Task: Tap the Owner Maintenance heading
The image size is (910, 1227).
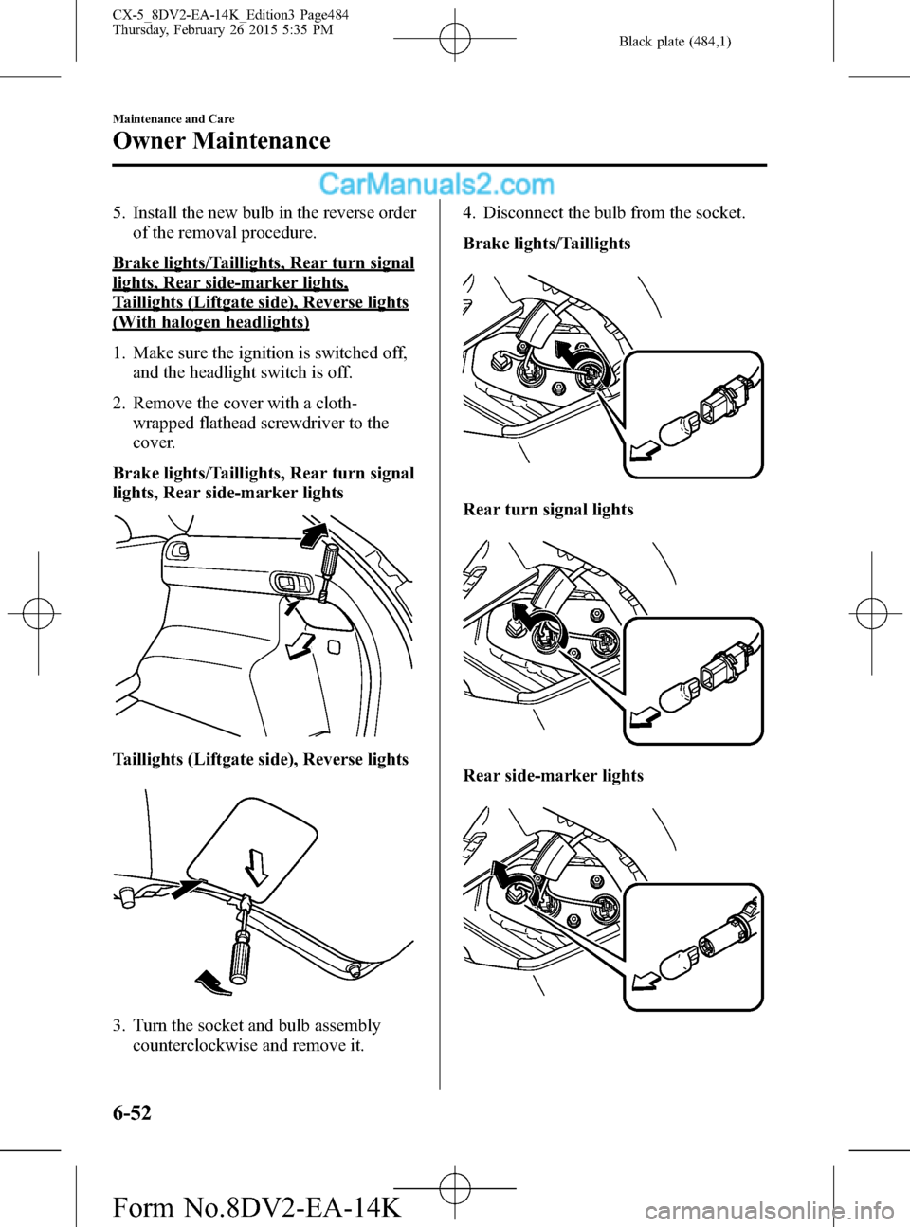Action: [222, 141]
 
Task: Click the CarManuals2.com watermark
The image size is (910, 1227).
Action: [437, 184]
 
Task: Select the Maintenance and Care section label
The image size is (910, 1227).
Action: [173, 119]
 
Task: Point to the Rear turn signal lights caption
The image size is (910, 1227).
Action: [548, 510]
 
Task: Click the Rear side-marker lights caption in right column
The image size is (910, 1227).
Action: [553, 776]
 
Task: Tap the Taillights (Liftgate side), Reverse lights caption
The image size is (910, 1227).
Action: [260, 759]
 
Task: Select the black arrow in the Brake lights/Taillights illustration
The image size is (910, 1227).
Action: [565, 352]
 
